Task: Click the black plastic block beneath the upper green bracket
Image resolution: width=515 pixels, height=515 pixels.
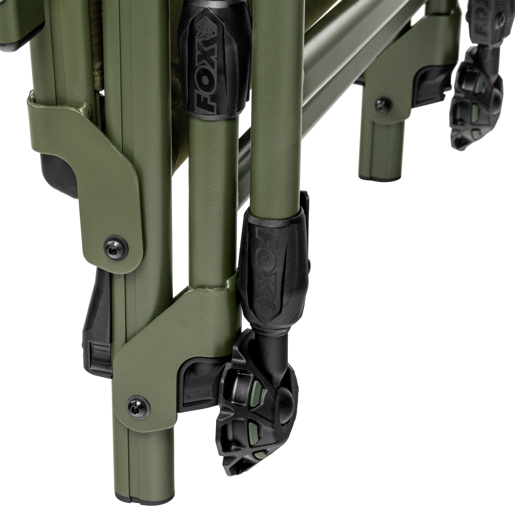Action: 57,175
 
